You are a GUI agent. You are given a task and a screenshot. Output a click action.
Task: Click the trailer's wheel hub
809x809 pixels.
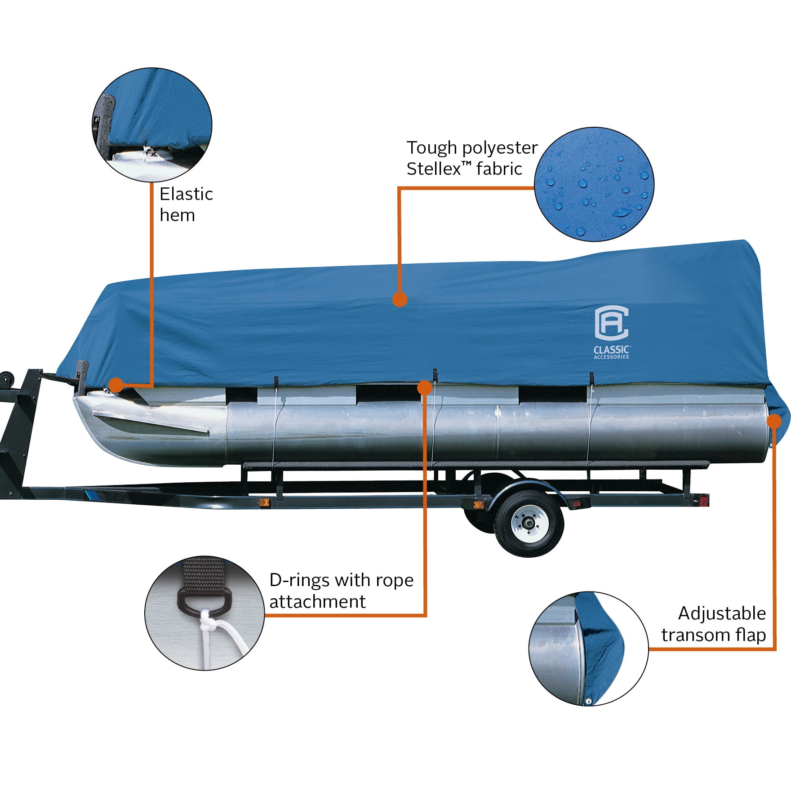coord(529,523)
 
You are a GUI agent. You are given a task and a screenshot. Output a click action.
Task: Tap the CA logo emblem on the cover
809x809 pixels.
coord(611,323)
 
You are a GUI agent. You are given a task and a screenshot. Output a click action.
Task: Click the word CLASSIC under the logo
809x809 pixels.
coord(611,350)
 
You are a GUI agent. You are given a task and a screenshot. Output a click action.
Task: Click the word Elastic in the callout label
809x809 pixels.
coord(186,194)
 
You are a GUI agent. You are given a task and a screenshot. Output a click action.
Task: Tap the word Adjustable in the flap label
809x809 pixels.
coord(722,613)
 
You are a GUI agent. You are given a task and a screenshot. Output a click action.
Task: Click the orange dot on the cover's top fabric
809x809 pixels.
coord(400,299)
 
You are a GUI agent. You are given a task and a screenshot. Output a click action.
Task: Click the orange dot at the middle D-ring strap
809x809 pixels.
coord(425,387)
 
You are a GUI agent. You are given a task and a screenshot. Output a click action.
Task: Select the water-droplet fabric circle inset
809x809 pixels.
coord(594,184)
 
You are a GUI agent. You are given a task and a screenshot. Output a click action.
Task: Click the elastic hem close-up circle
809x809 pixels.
coord(152,125)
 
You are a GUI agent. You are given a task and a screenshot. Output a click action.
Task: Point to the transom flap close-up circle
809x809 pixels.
coord(588,649)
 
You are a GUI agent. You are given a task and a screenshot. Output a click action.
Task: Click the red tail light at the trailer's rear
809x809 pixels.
coord(704,500)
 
